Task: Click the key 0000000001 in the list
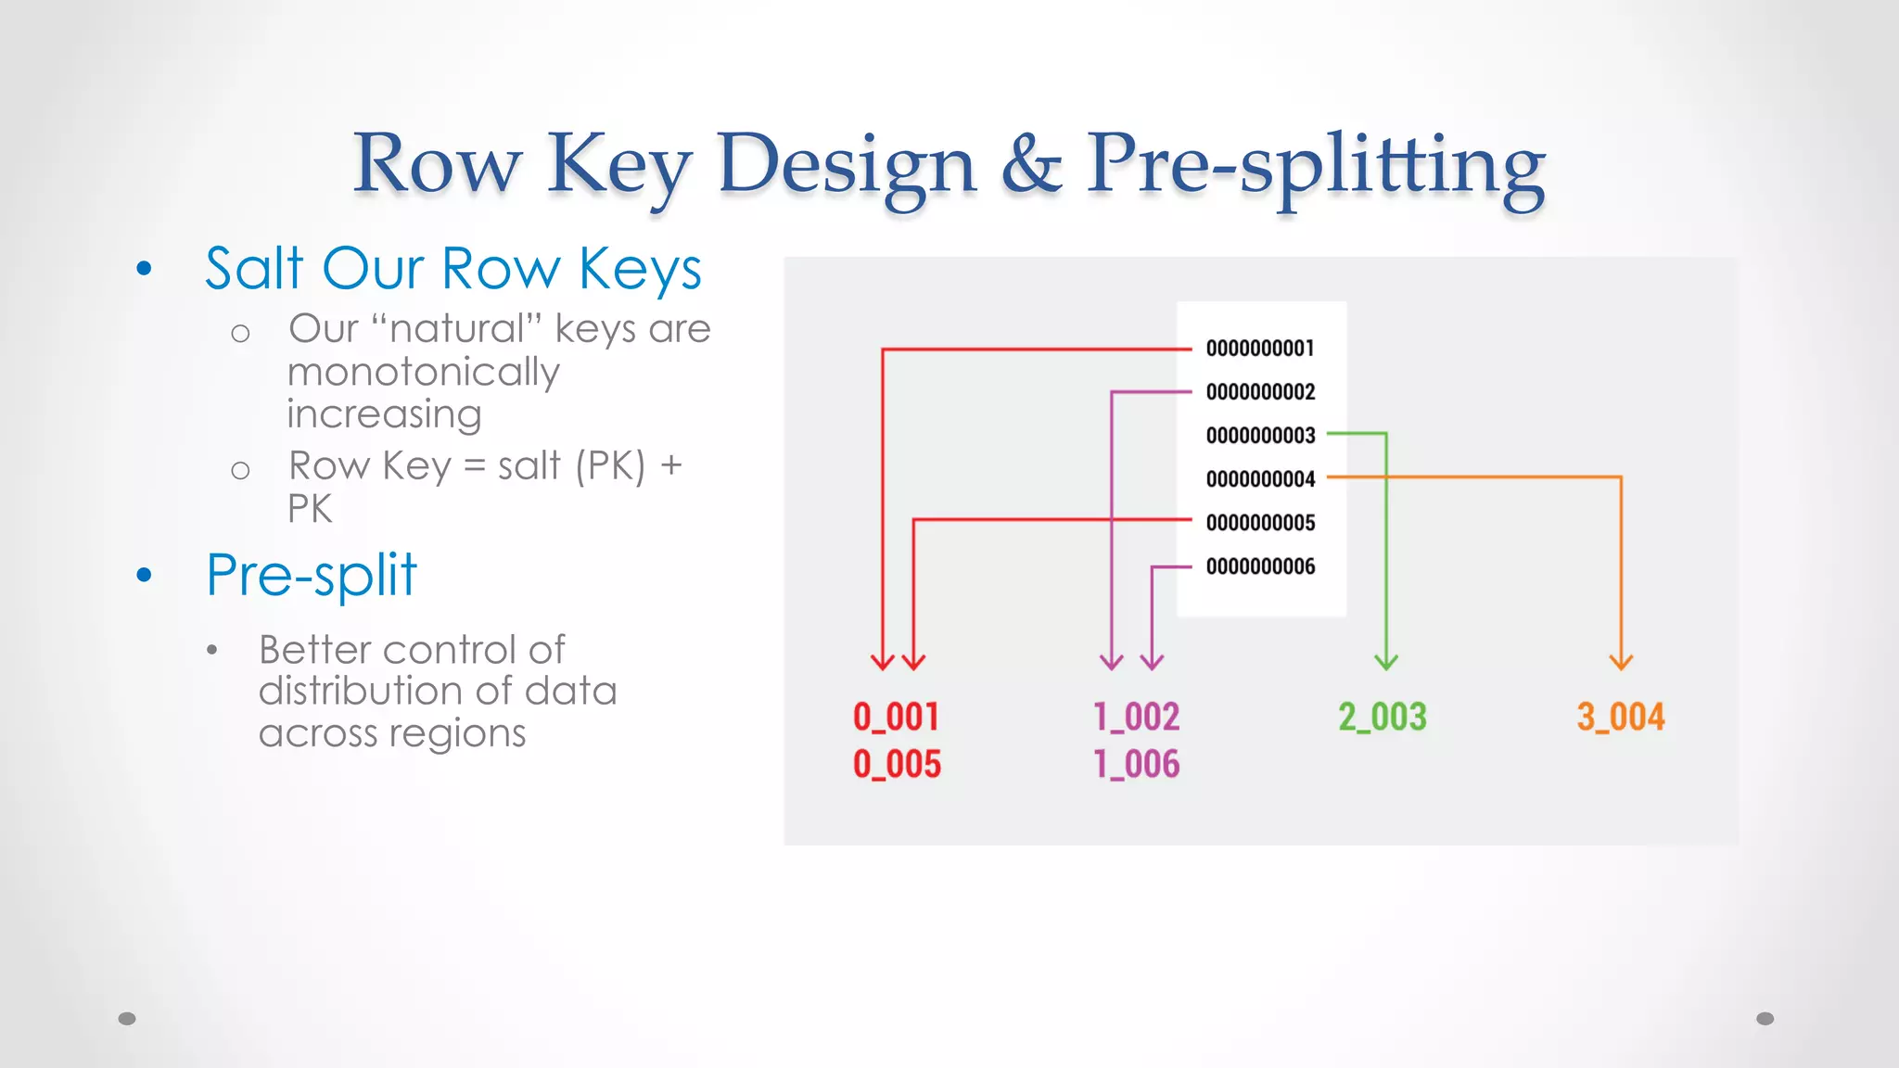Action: pos(1260,349)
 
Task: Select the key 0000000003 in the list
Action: pos(1260,436)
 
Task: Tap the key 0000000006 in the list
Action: pos(1260,566)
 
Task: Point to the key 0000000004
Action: pos(1260,479)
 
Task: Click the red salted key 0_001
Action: pos(896,717)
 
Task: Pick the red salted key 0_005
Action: pos(896,765)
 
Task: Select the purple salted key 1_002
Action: pos(1136,717)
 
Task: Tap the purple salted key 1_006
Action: pos(1136,765)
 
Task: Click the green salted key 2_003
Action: pos(1382,717)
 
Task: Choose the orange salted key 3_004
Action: pos(1620,717)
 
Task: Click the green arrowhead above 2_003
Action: pos(1386,662)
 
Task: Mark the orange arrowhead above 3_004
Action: pos(1621,662)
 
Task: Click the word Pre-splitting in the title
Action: pos(1315,165)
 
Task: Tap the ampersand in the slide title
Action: pos(1031,165)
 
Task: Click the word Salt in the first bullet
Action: pos(254,269)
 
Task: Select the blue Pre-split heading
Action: pos(312,575)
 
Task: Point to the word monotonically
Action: pos(424,372)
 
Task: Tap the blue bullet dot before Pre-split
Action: pos(144,576)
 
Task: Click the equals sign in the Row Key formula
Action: pos(474,466)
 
